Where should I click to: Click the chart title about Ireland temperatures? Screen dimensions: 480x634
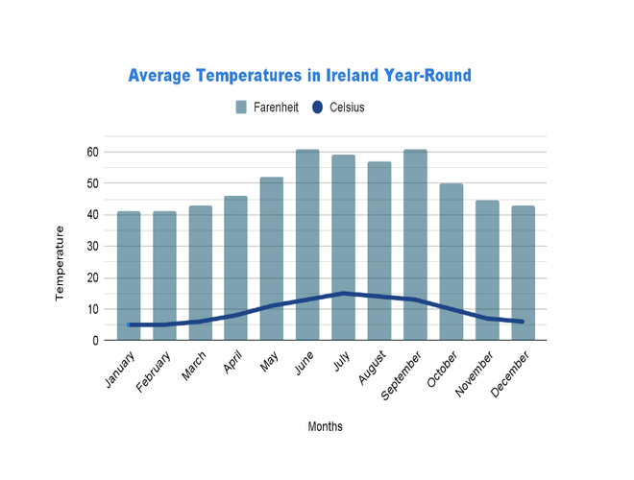300,75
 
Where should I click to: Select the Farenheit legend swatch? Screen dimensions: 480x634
241,108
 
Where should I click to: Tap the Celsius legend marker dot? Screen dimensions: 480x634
318,108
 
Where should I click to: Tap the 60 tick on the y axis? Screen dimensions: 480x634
92,153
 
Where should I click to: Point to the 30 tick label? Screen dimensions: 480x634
92,247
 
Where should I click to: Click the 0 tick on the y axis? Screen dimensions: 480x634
96,341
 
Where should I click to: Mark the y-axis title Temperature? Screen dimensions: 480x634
60,263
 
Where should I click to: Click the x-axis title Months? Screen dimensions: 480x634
325,426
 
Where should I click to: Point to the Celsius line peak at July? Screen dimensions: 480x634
344,294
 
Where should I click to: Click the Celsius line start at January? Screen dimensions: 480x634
129,324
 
